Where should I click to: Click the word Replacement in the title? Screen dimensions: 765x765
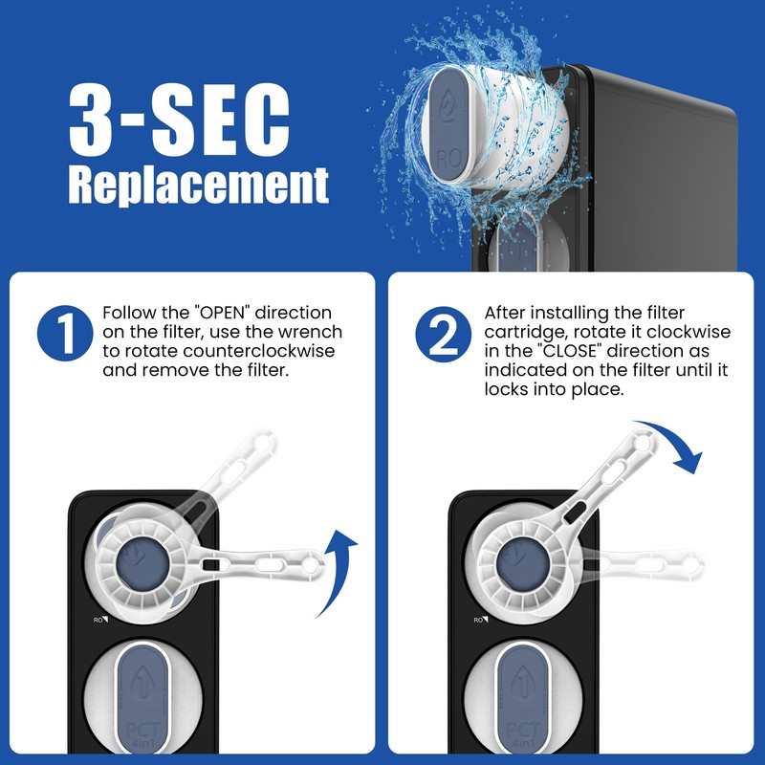(199, 186)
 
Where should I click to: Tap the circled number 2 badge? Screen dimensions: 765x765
(444, 336)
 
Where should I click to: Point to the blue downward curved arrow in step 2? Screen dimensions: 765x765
(674, 445)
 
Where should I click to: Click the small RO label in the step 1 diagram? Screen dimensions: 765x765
(98, 620)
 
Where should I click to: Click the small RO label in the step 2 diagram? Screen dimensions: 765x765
(479, 620)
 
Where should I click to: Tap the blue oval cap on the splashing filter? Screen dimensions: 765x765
(450, 120)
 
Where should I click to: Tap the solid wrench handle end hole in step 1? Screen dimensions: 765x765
(309, 566)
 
